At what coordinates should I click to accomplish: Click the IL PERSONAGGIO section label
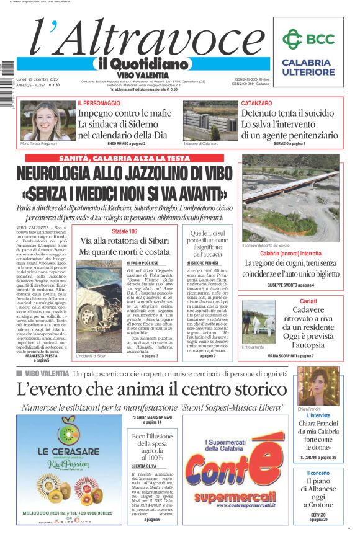[x=99, y=103]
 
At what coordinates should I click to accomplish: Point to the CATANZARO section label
[x=256, y=103]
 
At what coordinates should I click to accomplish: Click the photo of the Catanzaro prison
[x=210, y=121]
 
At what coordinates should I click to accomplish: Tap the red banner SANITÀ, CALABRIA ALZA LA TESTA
[x=125, y=159]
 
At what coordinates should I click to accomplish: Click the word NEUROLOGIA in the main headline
[x=68, y=174]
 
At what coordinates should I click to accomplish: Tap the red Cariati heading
[x=290, y=300]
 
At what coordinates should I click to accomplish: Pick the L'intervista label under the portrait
[x=318, y=416]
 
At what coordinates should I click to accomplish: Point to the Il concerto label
[x=318, y=473]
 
